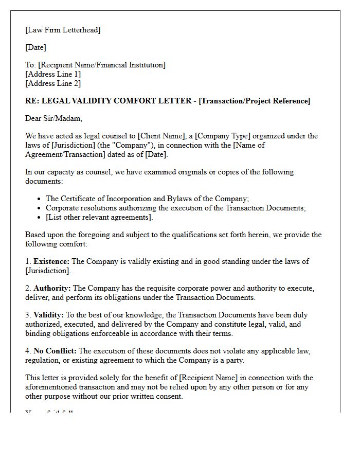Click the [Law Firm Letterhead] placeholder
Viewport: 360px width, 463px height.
point(63,30)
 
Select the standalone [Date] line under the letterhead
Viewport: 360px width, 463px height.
point(35,47)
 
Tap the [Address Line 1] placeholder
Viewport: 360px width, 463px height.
point(53,74)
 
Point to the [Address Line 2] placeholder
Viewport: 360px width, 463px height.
point(53,83)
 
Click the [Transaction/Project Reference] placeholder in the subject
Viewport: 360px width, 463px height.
point(255,101)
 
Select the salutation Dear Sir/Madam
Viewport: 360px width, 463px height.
point(53,118)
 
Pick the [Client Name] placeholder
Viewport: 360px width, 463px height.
point(160,136)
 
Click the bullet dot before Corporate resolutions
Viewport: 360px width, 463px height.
point(40,208)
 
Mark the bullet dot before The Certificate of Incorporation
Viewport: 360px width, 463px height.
point(40,199)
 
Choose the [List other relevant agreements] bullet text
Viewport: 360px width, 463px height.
point(99,217)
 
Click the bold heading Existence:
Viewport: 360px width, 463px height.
point(51,261)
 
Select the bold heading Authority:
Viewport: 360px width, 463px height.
point(52,288)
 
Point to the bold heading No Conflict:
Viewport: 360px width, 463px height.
point(55,351)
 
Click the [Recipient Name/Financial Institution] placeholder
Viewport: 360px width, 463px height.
point(102,65)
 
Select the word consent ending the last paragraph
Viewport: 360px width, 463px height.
point(168,396)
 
